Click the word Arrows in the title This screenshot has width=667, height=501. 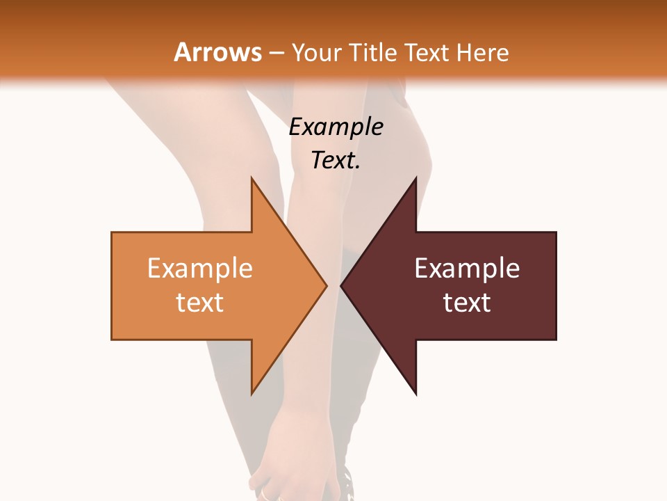pyautogui.click(x=217, y=52)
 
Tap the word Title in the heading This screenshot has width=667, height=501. pyautogui.click(x=374, y=53)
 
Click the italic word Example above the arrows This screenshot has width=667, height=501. pyautogui.click(x=336, y=127)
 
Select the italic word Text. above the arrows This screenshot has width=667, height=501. pyautogui.click(x=336, y=160)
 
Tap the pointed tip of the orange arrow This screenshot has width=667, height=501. pyautogui.click(x=326, y=285)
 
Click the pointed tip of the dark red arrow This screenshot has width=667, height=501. pyautogui.click(x=342, y=285)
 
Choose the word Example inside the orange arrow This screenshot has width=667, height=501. pyautogui.click(x=200, y=269)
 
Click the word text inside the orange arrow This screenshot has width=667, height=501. pyautogui.click(x=200, y=302)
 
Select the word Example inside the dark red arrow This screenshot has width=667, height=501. pyautogui.click(x=467, y=269)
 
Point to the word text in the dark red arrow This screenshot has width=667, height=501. pyautogui.click(x=467, y=302)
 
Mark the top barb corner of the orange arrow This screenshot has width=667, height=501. pyautogui.click(x=252, y=178)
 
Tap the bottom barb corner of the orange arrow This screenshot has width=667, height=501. pyautogui.click(x=252, y=394)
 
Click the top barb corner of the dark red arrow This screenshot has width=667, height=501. pyautogui.click(x=416, y=178)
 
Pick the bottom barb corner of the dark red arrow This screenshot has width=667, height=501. pyautogui.click(x=416, y=394)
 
